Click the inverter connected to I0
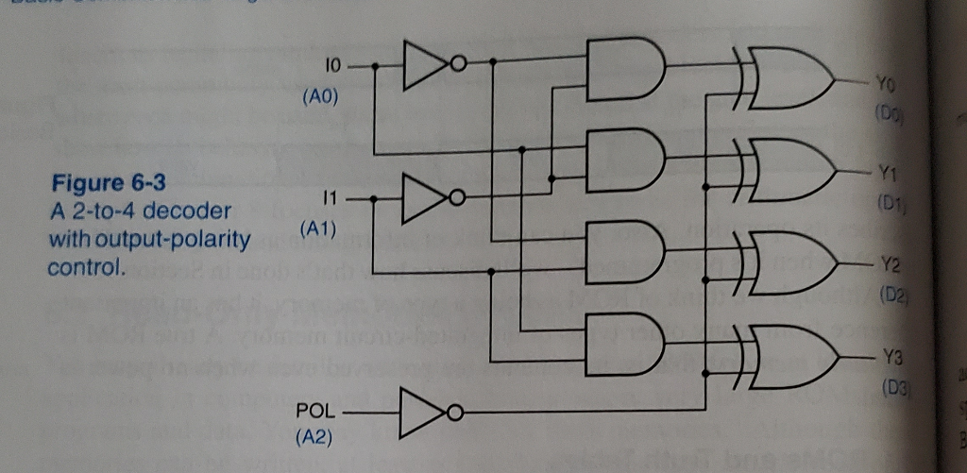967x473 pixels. (430, 66)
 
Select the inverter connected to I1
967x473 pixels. (430, 199)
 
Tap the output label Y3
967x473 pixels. (885, 357)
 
